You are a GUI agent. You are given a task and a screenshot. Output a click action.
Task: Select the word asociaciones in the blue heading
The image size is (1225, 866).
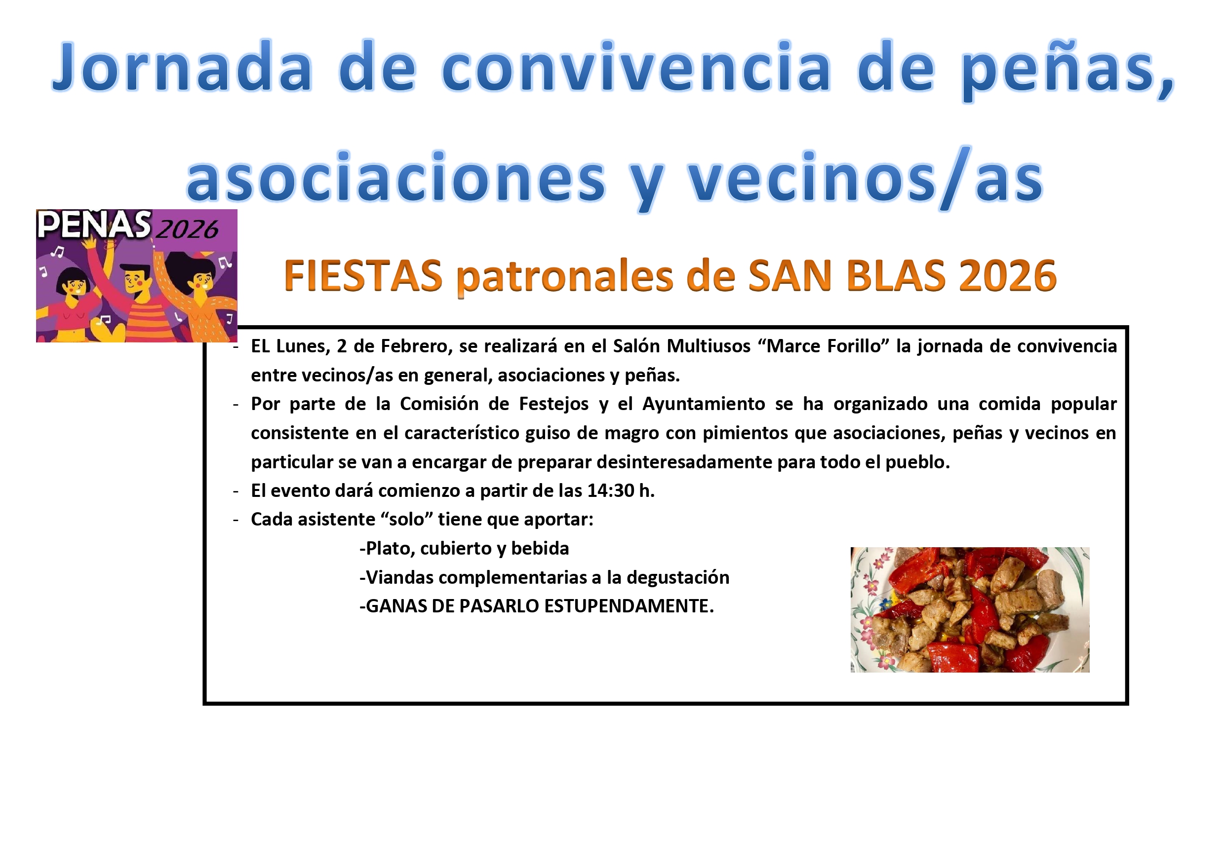pyautogui.click(x=396, y=177)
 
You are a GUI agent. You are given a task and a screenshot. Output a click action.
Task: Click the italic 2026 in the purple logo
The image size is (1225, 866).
pyautogui.click(x=187, y=229)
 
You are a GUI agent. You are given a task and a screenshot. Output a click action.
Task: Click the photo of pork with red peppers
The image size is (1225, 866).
pyautogui.click(x=969, y=609)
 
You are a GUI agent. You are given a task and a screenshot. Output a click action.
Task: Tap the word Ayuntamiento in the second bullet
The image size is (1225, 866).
pyautogui.click(x=704, y=404)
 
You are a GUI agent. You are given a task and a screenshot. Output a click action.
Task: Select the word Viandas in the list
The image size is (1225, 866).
pyautogui.click(x=399, y=577)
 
